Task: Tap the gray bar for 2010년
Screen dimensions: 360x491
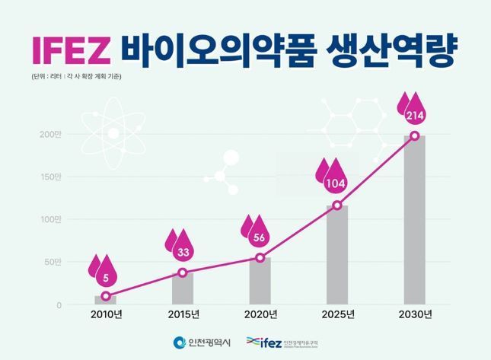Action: [105, 300]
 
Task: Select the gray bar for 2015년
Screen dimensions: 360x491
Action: [183, 288]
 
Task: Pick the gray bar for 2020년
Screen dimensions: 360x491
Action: [260, 281]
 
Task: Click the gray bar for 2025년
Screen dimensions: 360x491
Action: [337, 255]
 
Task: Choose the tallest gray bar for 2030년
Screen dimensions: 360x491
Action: [415, 221]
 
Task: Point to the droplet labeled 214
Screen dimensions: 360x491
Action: [414, 113]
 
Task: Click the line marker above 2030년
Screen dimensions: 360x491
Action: [415, 135]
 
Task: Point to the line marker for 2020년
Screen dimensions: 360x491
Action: [260, 257]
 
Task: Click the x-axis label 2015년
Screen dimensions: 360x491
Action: [183, 314]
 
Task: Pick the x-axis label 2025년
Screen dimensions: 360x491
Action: [337, 314]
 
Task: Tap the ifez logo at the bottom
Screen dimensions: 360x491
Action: [282, 343]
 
